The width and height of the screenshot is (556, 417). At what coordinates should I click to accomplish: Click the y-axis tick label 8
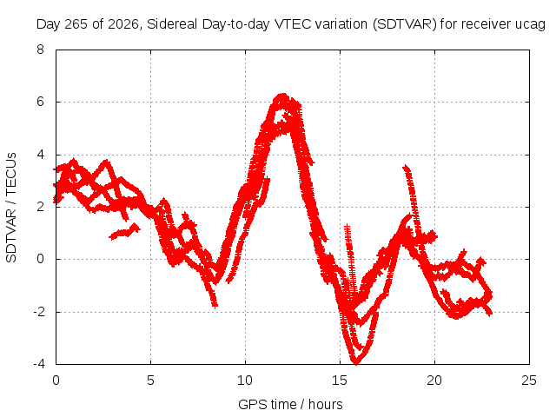(40, 50)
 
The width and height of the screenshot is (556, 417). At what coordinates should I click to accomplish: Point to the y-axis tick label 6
(40, 102)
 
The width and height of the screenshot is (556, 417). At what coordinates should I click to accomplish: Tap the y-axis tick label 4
(40, 155)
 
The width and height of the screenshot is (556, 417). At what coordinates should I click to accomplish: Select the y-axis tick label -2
(39, 312)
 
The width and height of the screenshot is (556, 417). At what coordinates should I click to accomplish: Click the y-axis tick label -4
(39, 364)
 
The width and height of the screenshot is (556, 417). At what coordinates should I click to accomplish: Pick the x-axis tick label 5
(150, 381)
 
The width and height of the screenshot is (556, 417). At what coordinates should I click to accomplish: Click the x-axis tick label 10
(245, 381)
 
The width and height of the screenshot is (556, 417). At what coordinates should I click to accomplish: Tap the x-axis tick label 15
(340, 381)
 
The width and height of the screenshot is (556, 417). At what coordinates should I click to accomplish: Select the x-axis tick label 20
(434, 381)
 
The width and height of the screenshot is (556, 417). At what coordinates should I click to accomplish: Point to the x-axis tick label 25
(529, 381)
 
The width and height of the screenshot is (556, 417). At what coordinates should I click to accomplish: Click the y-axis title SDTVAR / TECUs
(11, 208)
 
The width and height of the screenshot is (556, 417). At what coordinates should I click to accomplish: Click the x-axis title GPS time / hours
(290, 405)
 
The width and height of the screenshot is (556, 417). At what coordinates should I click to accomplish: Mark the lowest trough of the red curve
(355, 362)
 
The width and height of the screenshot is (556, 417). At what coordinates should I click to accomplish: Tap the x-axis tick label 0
(56, 381)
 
